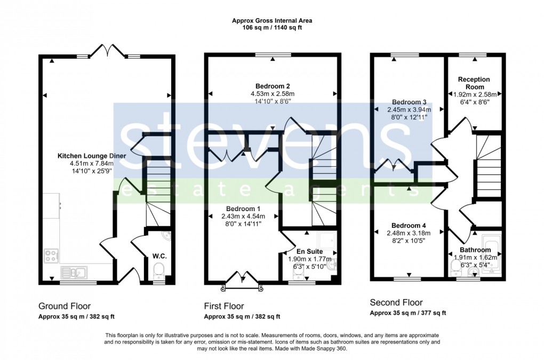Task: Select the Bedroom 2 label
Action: click(x=273, y=86)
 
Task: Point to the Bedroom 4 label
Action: click(x=408, y=225)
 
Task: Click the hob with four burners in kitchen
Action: click(x=52, y=256)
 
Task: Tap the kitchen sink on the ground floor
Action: click(x=75, y=273)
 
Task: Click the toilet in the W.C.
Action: click(x=159, y=274)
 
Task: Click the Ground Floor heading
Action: click(x=64, y=306)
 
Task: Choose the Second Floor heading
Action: click(x=396, y=302)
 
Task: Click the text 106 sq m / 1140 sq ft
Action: click(x=272, y=28)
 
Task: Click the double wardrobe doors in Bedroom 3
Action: click(x=393, y=165)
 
